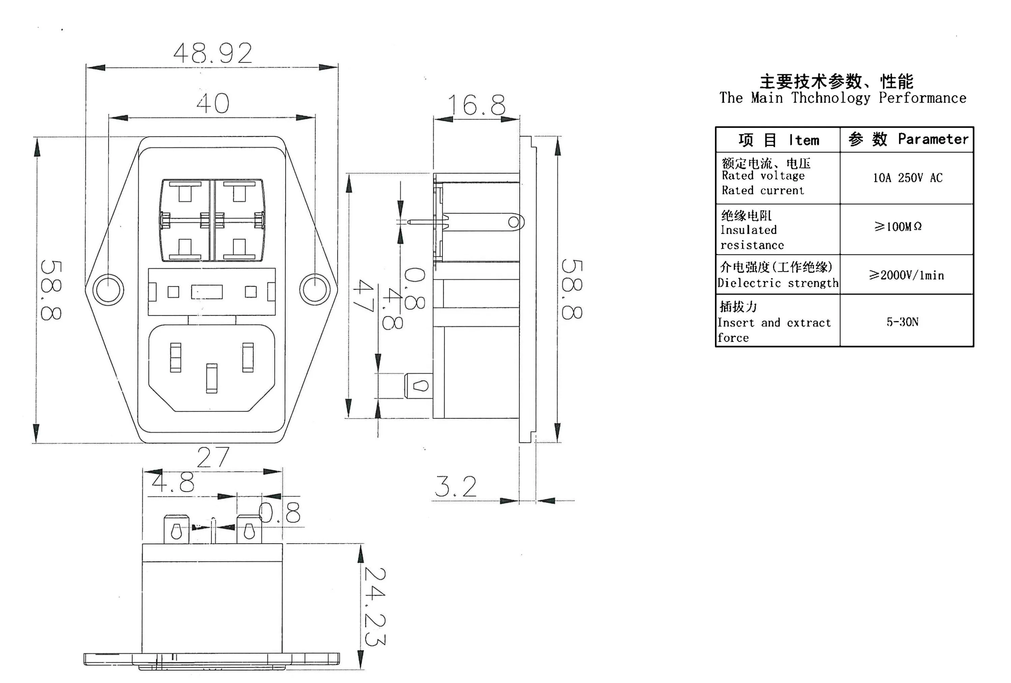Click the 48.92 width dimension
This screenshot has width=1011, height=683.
(x=213, y=53)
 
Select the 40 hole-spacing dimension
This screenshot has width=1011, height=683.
(x=213, y=103)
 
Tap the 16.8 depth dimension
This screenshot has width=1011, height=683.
(x=476, y=105)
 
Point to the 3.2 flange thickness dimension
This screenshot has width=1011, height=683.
(x=456, y=486)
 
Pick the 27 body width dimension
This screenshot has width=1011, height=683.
(x=213, y=457)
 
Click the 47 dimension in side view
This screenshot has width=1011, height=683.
(x=364, y=296)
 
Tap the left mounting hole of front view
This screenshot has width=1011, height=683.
(x=108, y=290)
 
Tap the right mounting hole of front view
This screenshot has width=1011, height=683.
(x=315, y=290)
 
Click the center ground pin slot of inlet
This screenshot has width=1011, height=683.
(x=211, y=378)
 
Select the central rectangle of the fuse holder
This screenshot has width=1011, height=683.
(x=207, y=292)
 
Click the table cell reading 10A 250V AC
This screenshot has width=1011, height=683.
(x=907, y=177)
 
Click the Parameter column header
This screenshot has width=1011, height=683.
(x=933, y=139)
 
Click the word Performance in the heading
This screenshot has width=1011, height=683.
(x=922, y=98)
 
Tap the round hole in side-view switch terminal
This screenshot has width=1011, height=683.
(x=513, y=222)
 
